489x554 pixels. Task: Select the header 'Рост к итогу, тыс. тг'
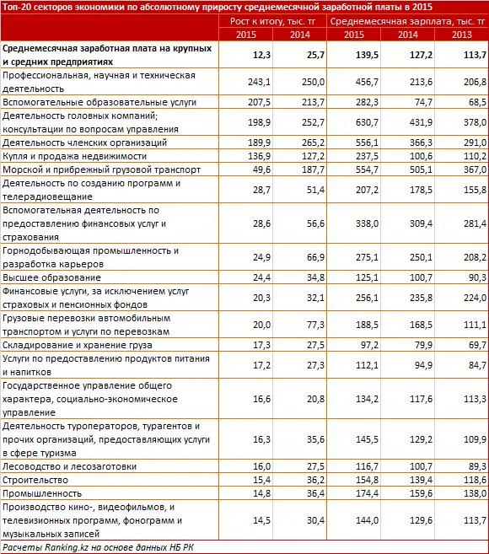271,20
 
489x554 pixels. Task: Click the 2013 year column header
462,33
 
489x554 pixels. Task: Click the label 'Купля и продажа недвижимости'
69,156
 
